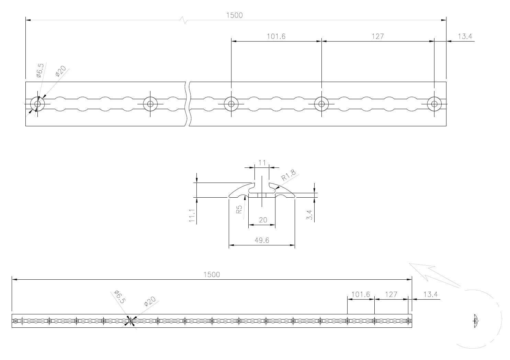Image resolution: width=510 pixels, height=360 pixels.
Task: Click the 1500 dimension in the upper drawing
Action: point(234,15)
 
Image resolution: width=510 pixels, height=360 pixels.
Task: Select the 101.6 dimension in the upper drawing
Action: point(276,36)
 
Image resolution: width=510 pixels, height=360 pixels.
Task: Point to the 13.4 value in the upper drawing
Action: point(464,36)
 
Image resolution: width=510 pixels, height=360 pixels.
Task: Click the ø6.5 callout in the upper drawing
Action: point(40,70)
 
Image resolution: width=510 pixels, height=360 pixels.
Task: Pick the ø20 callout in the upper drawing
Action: point(60,71)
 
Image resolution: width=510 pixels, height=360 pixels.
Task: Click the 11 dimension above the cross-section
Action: point(262,163)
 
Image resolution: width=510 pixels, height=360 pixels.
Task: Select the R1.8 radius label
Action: point(288,175)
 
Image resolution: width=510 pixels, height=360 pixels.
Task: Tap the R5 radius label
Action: point(239,209)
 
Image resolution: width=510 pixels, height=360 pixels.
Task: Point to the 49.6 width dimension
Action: point(262,240)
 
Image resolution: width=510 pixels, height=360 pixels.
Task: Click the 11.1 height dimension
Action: point(192,216)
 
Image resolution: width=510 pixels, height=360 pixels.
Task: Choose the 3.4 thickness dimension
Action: point(309,215)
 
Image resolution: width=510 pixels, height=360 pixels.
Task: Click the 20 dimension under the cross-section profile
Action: point(263,220)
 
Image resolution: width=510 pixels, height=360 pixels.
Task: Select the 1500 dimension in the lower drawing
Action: point(212,275)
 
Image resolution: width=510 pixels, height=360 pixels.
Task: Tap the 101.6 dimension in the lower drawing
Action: point(361,294)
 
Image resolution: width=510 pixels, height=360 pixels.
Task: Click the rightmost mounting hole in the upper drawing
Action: point(434,104)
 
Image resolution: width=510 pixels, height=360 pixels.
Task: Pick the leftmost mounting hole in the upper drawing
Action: point(37,104)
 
